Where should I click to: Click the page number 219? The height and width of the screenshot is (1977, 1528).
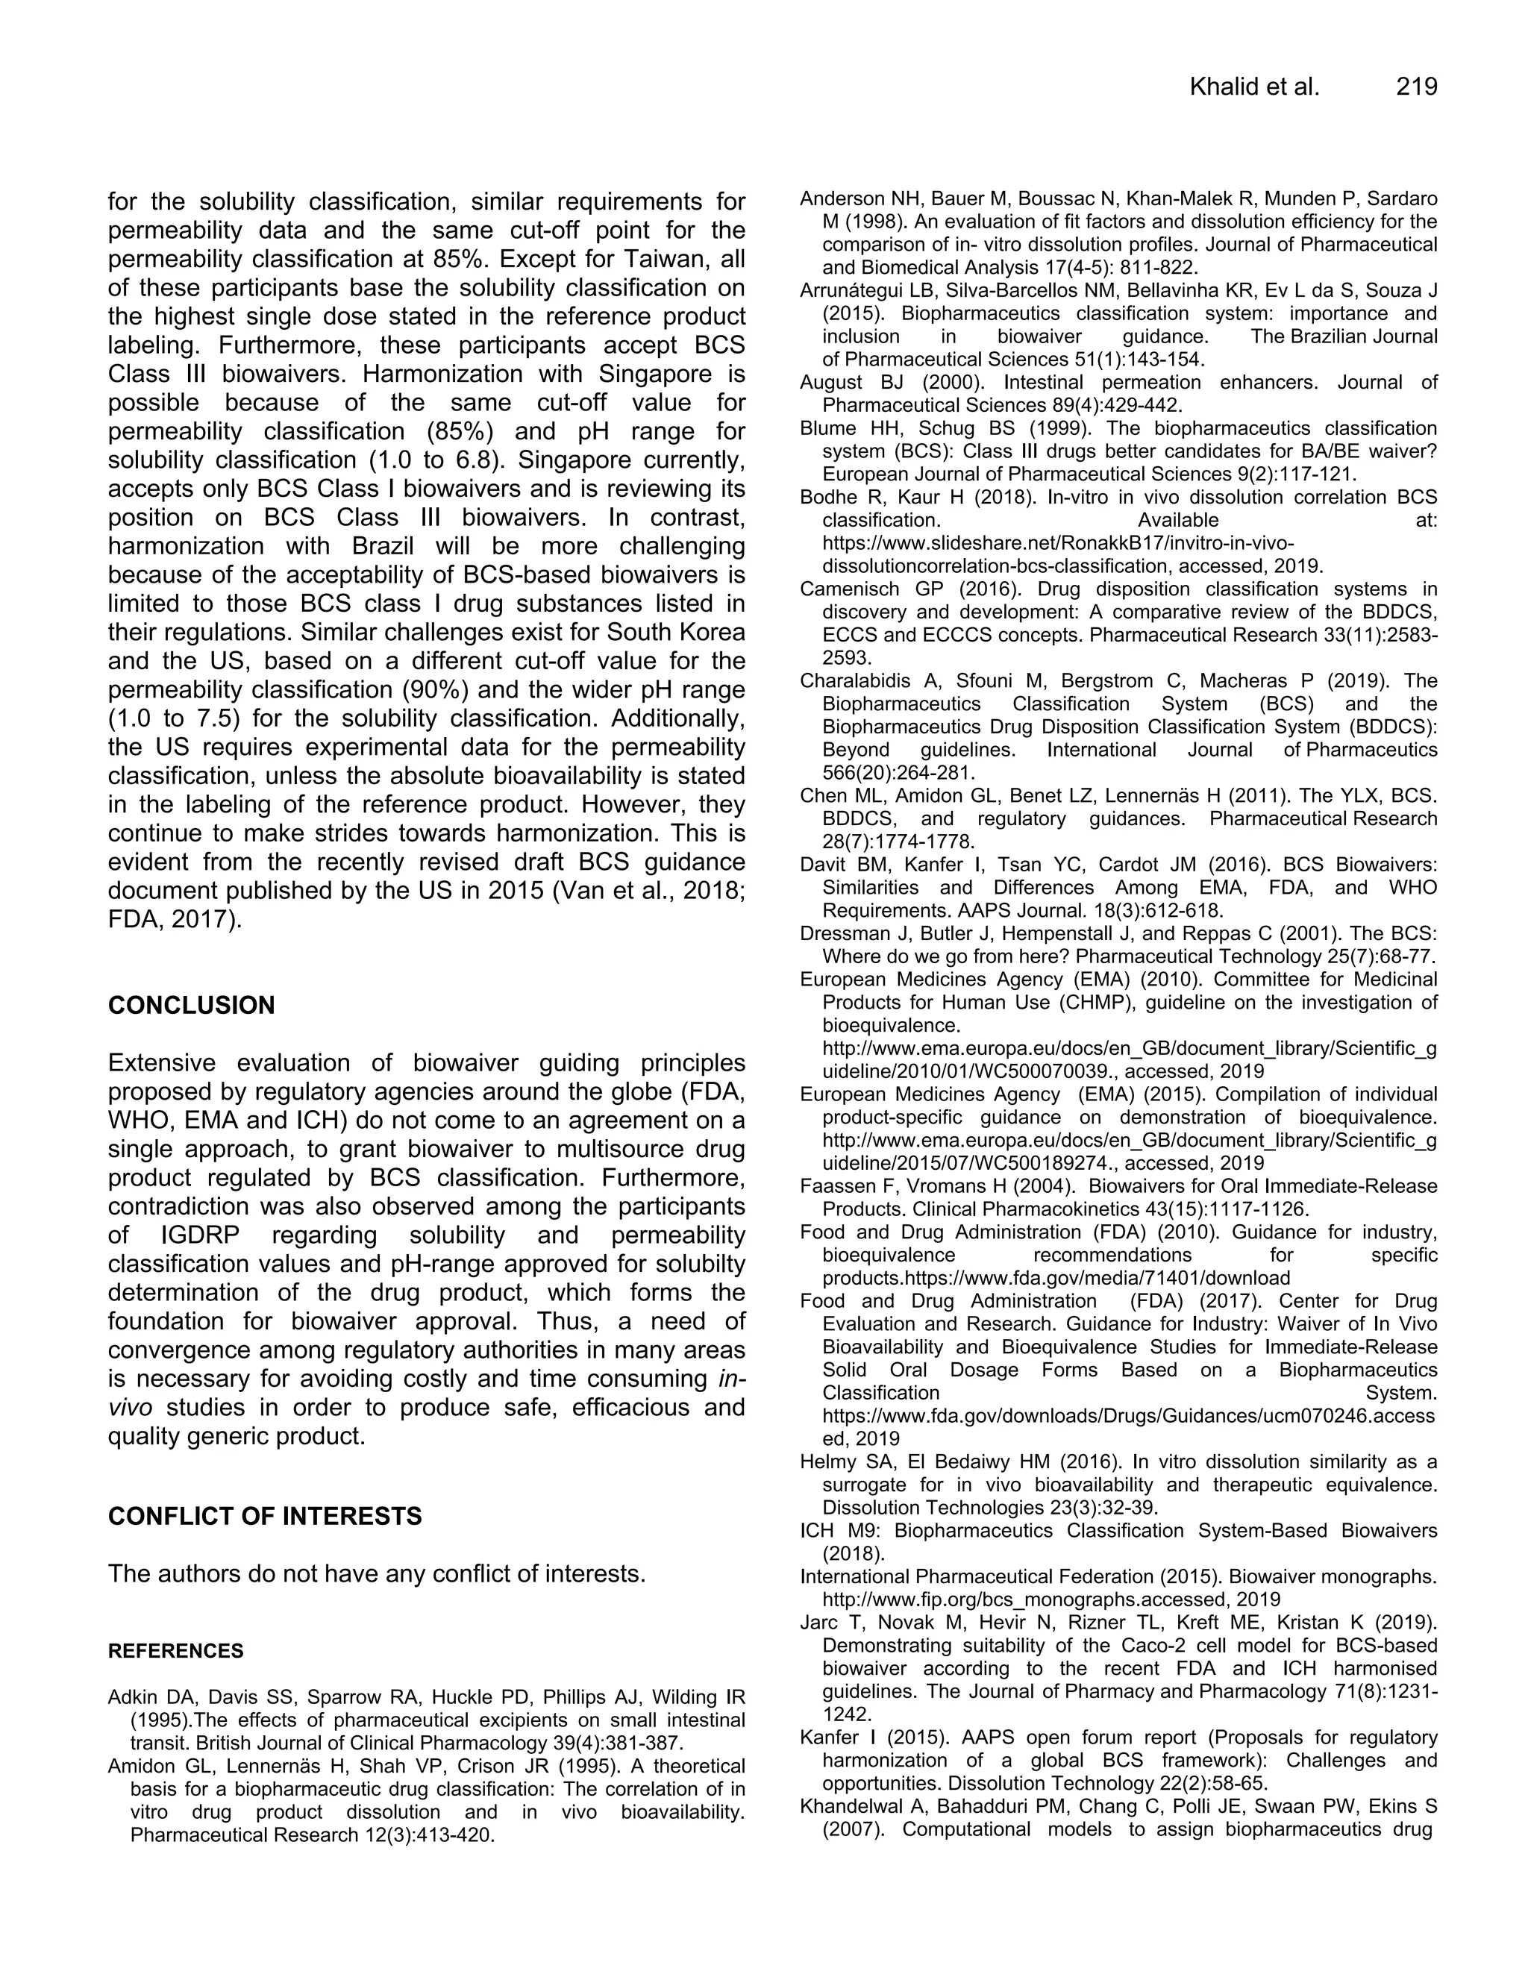pyautogui.click(x=1416, y=87)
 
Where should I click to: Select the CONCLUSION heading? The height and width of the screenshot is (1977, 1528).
pyautogui.click(x=191, y=1006)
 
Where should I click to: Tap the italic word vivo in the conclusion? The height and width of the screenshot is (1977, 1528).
pyautogui.click(x=129, y=1408)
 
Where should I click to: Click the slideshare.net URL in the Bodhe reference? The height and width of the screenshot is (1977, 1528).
pyautogui.click(x=1057, y=544)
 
